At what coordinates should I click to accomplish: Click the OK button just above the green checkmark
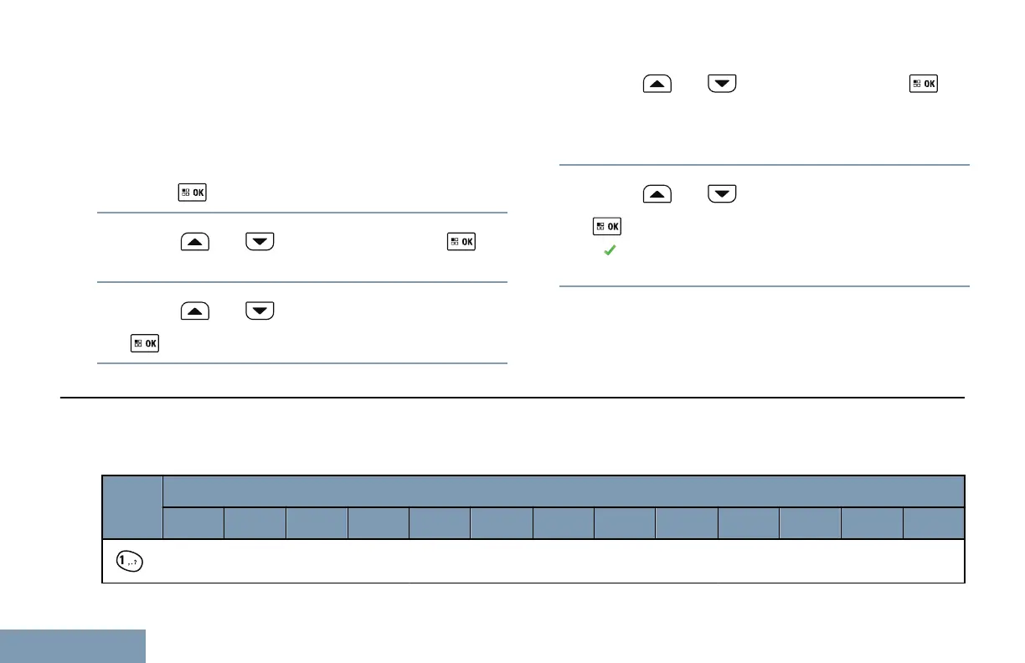point(607,226)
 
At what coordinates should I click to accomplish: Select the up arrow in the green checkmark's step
point(657,195)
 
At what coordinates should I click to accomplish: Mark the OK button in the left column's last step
point(145,343)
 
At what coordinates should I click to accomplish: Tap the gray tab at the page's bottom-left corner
point(73,646)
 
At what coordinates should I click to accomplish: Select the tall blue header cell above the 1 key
point(132,507)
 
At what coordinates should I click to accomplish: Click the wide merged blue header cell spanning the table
point(563,491)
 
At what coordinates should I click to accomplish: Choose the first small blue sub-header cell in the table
point(193,523)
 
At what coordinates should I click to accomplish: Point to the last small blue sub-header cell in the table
point(934,523)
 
